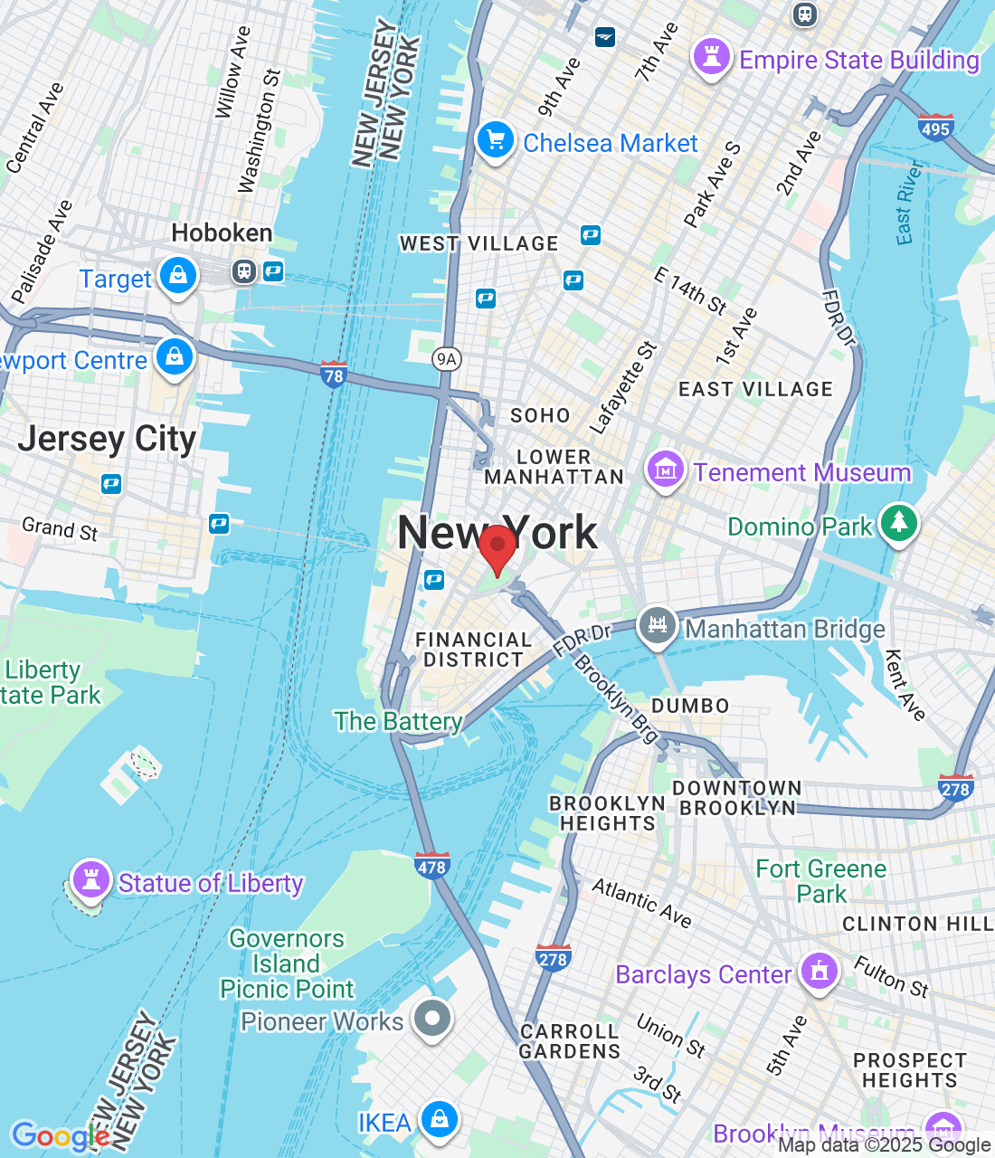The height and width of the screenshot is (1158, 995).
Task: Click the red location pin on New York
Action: point(497,547)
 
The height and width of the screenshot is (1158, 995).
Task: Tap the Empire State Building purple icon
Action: point(712,57)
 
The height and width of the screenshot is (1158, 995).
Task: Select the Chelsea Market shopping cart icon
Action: point(495,141)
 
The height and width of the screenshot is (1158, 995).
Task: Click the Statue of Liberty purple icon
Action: point(90,879)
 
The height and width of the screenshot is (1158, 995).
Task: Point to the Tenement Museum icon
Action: point(665,470)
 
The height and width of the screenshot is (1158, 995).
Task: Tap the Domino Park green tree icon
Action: point(898,524)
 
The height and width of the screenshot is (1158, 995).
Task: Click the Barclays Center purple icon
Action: point(820,972)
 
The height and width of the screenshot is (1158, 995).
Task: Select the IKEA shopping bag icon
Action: point(439,1120)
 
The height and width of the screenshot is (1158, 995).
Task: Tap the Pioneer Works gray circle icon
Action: point(431,1019)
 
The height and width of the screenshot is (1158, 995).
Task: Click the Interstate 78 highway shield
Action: point(334,374)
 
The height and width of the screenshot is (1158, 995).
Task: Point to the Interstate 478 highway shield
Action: point(431,866)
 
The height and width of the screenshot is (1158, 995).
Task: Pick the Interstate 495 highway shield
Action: point(935,128)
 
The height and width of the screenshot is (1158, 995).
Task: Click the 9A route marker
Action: point(447,359)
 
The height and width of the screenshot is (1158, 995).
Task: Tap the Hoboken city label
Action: point(222,233)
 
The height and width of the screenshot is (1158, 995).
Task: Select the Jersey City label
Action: point(107,439)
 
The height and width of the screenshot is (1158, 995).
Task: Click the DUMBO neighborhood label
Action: point(690,706)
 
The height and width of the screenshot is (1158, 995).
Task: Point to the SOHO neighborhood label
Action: point(540,415)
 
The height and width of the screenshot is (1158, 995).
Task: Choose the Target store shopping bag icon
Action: point(178,275)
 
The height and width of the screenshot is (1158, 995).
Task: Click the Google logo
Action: point(60,1136)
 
